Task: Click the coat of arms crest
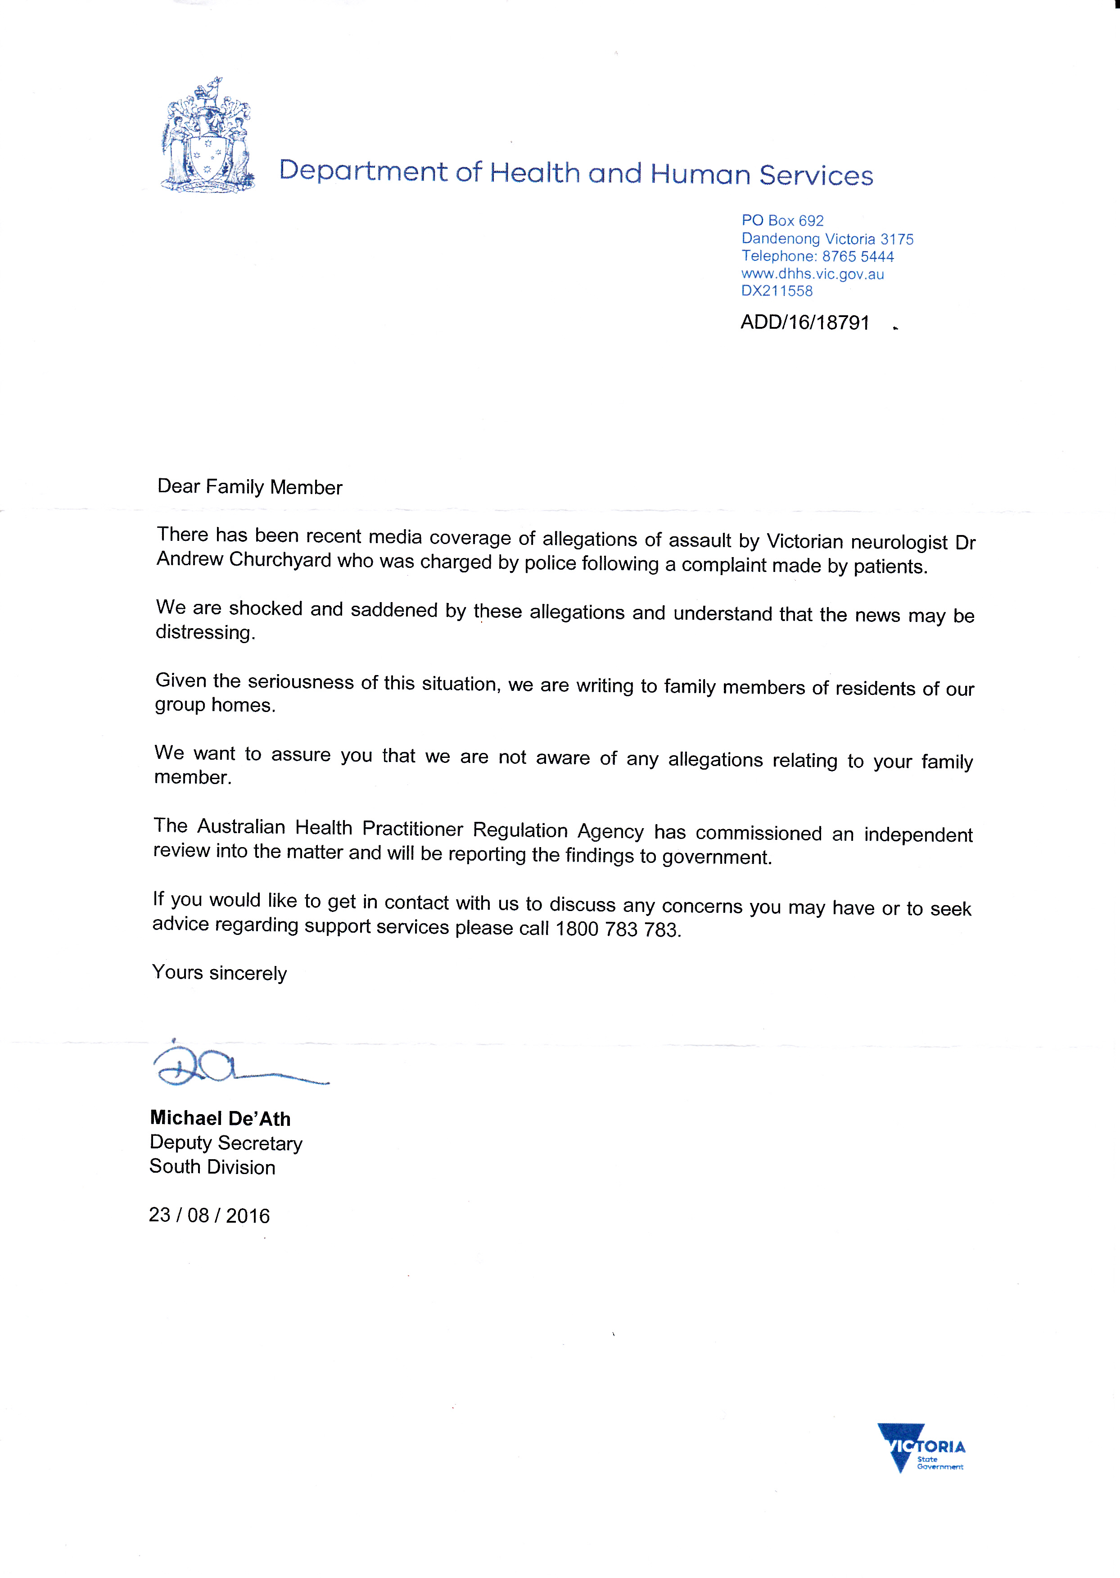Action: pyautogui.click(x=207, y=136)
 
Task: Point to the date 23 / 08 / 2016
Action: pyautogui.click(x=209, y=1215)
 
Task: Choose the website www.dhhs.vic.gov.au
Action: pyautogui.click(x=813, y=274)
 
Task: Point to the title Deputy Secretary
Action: pyautogui.click(x=226, y=1143)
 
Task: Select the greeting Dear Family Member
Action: pyautogui.click(x=250, y=486)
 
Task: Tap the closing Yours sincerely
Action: pyautogui.click(x=219, y=973)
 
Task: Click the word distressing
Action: pyautogui.click(x=205, y=632)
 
